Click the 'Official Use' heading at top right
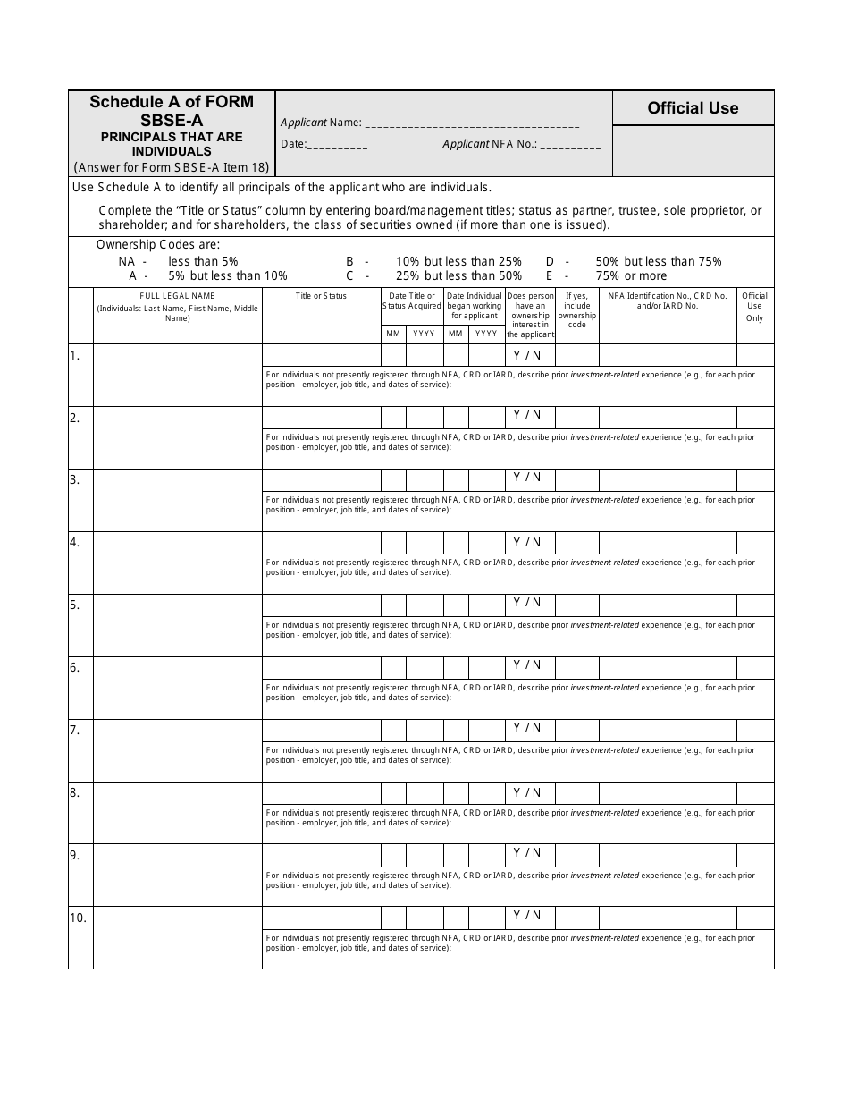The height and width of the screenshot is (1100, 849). pyautogui.click(x=693, y=108)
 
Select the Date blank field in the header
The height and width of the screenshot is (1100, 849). pyautogui.click(x=338, y=145)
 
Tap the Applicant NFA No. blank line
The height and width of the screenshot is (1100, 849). pyautogui.click(x=570, y=145)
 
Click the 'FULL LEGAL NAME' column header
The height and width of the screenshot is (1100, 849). pyautogui.click(x=177, y=296)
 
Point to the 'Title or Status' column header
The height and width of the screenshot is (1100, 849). pyautogui.click(x=321, y=296)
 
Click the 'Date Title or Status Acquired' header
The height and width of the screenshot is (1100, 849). pyautogui.click(x=412, y=300)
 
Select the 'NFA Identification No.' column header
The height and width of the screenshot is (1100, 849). pyautogui.click(x=667, y=300)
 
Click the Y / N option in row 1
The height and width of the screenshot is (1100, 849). pyautogui.click(x=527, y=355)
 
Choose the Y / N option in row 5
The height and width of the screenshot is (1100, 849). pyautogui.click(x=527, y=603)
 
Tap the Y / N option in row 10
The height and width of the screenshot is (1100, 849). pyautogui.click(x=527, y=916)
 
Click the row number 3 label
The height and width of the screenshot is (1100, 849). pyautogui.click(x=75, y=479)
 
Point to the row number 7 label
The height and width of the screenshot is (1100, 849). pyautogui.click(x=75, y=730)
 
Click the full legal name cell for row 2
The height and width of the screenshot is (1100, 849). pyautogui.click(x=177, y=437)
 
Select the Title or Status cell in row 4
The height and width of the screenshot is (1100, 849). pyautogui.click(x=321, y=542)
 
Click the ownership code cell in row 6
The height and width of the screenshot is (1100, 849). pyautogui.click(x=576, y=667)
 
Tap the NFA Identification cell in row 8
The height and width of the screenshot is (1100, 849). pyautogui.click(x=667, y=792)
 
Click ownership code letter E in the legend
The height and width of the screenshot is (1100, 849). pyautogui.click(x=550, y=276)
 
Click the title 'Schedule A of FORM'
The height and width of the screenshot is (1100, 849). pyautogui.click(x=172, y=102)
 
